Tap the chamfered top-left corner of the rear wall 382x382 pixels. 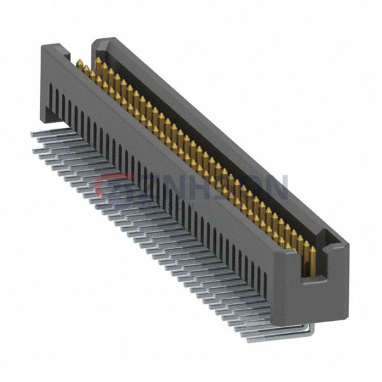95,42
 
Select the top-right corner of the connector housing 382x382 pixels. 347,245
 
